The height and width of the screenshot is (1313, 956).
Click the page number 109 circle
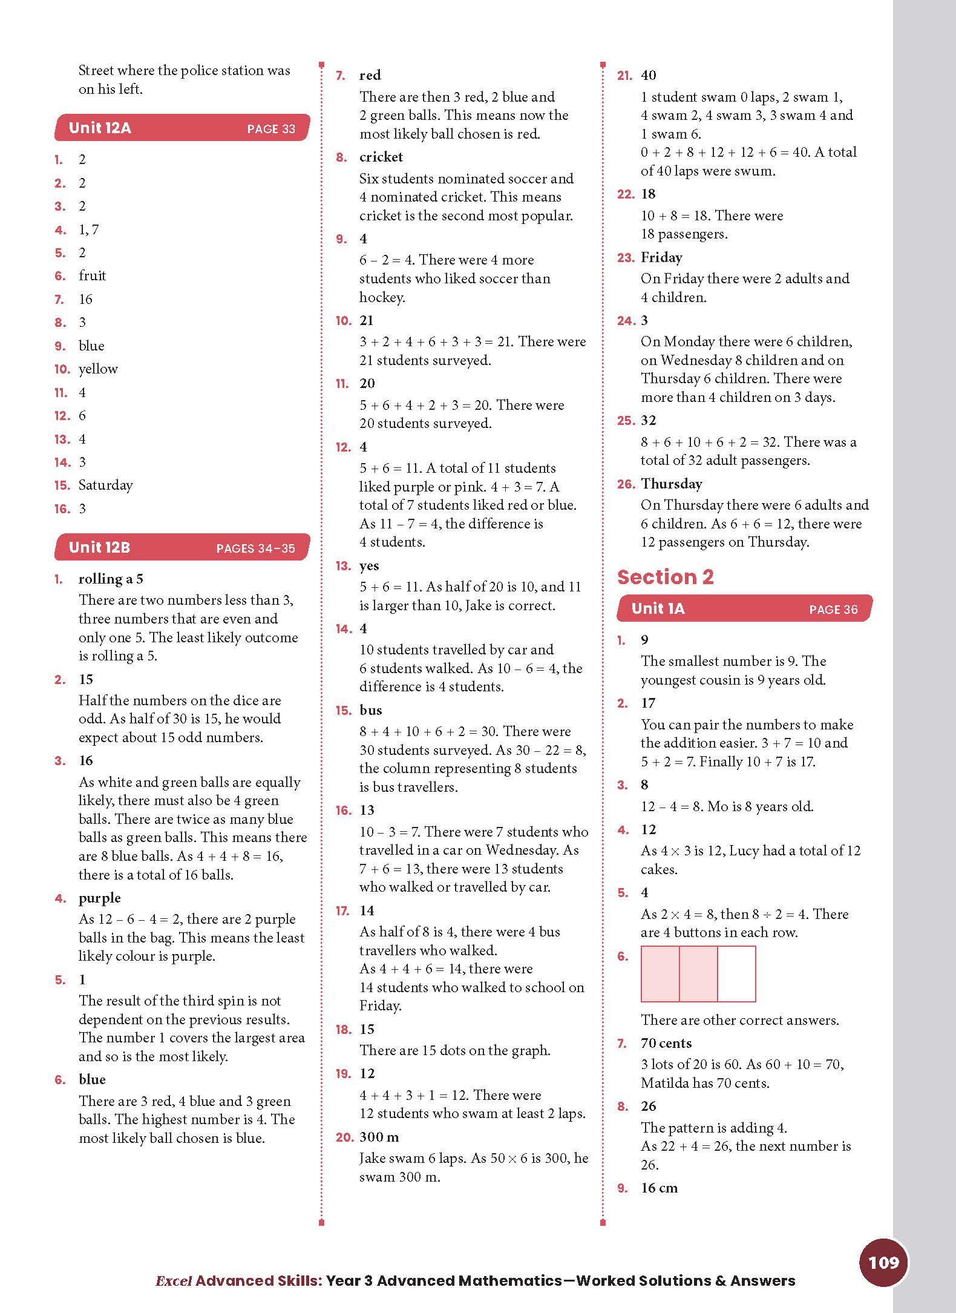pos(883,1262)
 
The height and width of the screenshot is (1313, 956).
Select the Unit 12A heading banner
pos(182,128)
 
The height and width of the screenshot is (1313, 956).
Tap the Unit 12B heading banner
pos(182,548)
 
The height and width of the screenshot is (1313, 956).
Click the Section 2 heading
pos(665,577)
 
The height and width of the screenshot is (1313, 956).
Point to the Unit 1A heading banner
pos(744,609)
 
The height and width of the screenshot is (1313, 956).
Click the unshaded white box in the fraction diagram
pos(736,973)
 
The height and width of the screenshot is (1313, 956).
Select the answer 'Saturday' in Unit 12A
pos(105,485)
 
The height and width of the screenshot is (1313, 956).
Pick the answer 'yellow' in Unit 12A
pos(98,369)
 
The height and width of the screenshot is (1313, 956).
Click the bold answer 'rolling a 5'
pos(111,579)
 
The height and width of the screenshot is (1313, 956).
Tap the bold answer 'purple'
pos(100,898)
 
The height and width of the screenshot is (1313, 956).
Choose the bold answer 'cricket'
pos(381,157)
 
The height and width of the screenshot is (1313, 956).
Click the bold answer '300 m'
pos(379,1137)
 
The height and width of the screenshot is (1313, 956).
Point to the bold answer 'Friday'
pos(661,258)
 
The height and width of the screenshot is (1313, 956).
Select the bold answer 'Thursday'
pos(672,484)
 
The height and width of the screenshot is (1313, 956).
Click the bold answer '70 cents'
pos(666,1043)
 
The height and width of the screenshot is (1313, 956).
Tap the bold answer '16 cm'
pos(659,1188)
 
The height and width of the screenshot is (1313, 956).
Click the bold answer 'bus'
pos(371,710)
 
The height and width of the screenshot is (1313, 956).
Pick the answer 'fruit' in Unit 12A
pos(92,276)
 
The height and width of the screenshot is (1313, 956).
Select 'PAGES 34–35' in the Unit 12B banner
pos(255,549)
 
